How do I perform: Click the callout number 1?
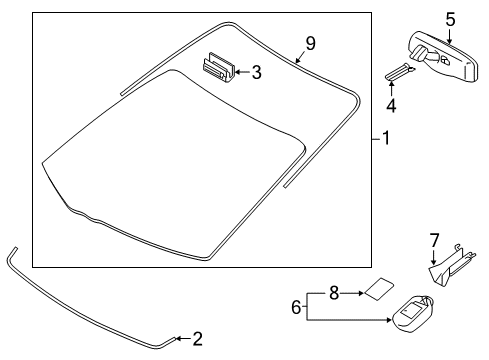[386, 139]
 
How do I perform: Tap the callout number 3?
[257, 72]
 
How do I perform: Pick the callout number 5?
[449, 17]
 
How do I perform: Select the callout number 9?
[311, 42]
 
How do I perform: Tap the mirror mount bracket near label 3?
[218, 67]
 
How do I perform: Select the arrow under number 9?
[300, 58]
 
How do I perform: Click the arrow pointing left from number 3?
[241, 72]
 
